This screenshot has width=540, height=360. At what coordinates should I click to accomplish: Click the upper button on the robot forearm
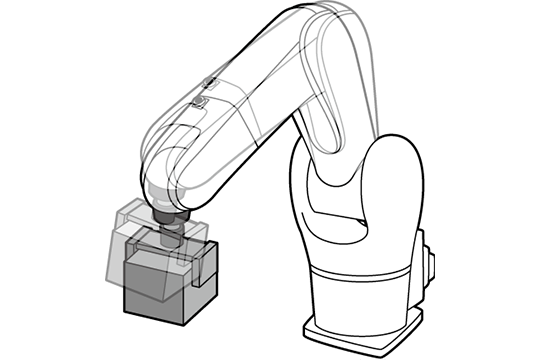point(210,81)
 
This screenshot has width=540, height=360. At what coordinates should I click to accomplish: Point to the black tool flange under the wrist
point(164,214)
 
